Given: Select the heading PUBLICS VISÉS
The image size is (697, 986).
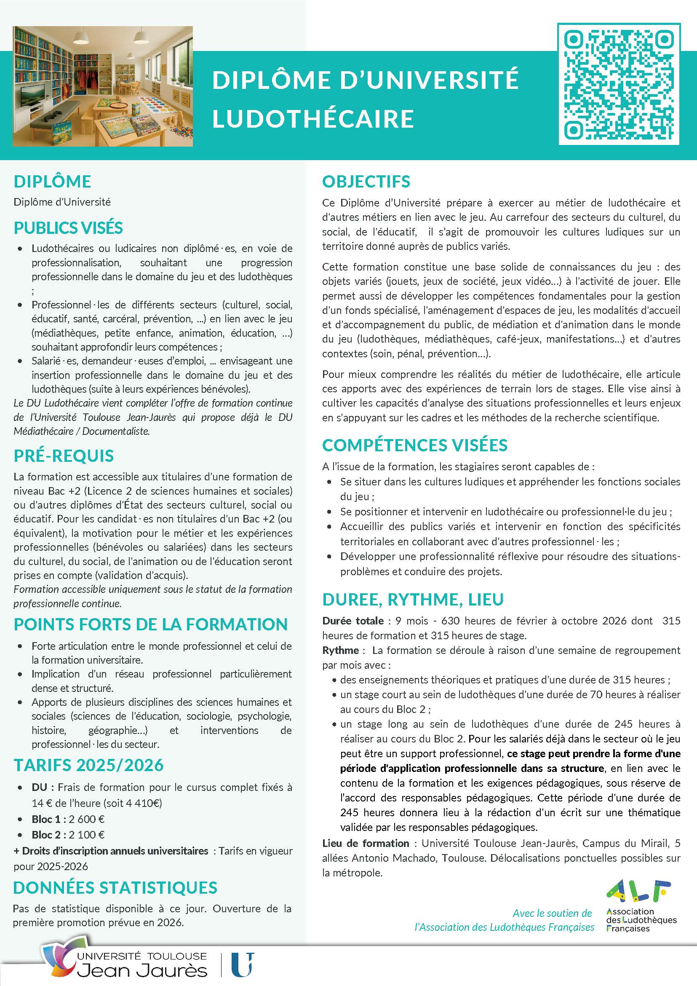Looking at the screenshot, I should (68, 228).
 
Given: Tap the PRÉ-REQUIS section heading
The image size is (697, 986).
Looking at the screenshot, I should (64, 455).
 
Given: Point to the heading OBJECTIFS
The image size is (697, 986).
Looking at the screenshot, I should (366, 181).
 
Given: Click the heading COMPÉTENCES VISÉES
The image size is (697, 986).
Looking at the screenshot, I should (414, 445).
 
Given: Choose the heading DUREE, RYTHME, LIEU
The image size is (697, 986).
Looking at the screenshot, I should (413, 599).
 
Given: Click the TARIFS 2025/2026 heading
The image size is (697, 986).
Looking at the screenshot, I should (89, 765).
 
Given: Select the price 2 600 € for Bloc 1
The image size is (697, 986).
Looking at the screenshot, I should (87, 819).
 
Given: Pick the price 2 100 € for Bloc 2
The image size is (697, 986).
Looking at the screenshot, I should (87, 835).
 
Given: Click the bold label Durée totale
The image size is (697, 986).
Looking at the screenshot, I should (353, 621).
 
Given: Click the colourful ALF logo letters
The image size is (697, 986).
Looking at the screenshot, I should (638, 891).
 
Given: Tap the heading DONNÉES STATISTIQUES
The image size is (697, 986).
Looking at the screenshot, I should (115, 887).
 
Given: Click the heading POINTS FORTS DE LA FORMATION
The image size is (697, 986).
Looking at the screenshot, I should (150, 624).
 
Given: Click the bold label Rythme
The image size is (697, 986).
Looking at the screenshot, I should (340, 650).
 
